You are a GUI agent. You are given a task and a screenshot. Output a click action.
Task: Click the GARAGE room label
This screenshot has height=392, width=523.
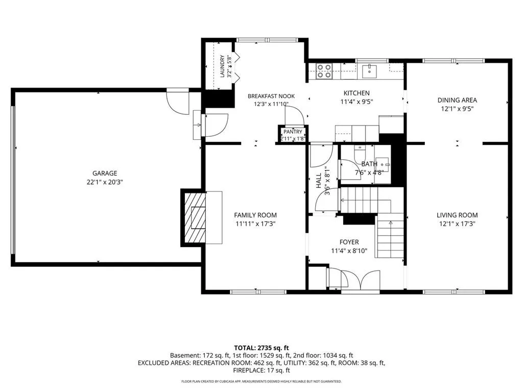(105, 174)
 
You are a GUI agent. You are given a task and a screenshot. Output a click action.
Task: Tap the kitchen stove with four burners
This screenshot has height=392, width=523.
(324, 71)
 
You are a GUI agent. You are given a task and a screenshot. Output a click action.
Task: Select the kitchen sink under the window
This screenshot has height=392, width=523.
(370, 71)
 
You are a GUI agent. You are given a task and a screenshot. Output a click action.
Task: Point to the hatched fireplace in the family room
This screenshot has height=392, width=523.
(194, 217)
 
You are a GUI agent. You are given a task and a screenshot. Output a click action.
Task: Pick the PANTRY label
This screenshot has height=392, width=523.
(293, 132)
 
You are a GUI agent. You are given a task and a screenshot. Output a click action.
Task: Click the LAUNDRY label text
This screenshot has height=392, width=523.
(222, 66)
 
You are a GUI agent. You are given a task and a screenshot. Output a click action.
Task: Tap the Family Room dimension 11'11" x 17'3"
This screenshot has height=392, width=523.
(255, 224)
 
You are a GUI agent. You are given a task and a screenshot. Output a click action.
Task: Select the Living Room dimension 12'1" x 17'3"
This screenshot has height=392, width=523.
(457, 224)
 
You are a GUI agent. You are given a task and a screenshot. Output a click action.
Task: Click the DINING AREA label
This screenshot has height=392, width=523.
(457, 100)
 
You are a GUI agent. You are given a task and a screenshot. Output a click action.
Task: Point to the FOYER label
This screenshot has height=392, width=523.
(349, 242)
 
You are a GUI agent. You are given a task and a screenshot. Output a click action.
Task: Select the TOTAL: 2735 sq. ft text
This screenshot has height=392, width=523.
(261, 348)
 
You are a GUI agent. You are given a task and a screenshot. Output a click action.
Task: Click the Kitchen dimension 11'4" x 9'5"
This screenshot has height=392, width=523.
(356, 102)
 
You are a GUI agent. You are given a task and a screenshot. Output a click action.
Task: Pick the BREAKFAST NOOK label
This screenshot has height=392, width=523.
(271, 96)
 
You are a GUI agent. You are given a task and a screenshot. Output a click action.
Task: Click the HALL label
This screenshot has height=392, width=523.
(319, 180)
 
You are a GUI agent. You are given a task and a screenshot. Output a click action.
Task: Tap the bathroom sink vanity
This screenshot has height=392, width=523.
(382, 170)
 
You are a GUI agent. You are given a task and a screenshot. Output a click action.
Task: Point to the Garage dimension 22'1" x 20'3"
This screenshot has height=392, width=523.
(105, 182)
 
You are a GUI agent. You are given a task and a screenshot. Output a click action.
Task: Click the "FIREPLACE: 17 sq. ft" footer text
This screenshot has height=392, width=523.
(261, 371)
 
